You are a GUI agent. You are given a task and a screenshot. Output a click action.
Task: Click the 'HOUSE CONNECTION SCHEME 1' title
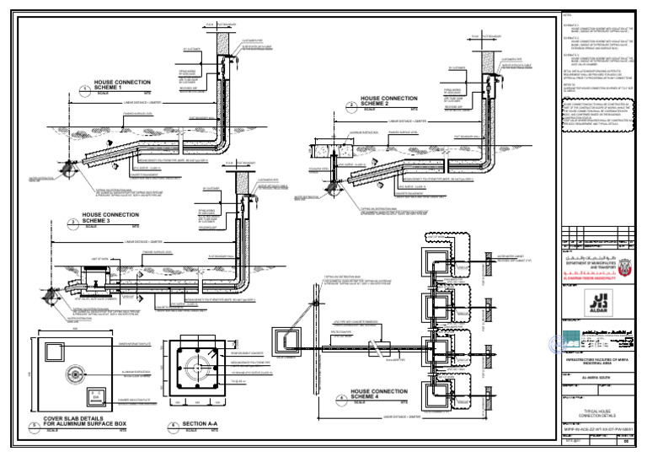click(121, 85)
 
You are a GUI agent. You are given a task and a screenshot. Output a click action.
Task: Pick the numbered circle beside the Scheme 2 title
click(350, 105)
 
